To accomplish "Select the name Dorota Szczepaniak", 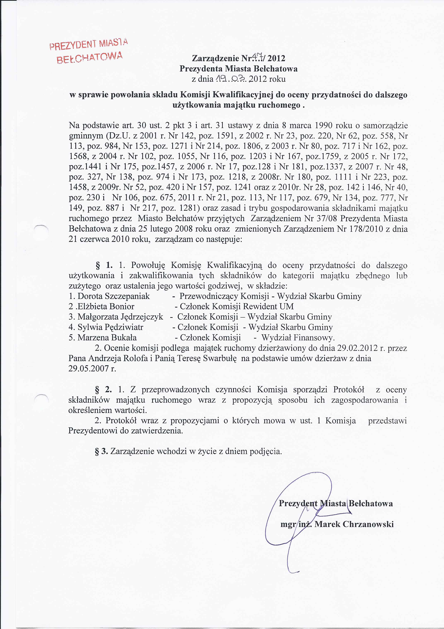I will click(x=114, y=296).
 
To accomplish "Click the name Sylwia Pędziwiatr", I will click(x=110, y=327).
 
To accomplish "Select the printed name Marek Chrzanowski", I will click(x=354, y=524).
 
